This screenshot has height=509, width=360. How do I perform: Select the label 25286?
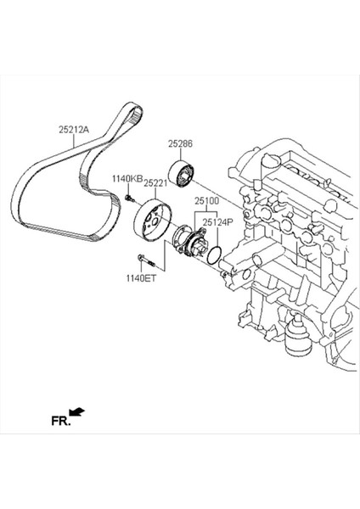pyautogui.click(x=181, y=144)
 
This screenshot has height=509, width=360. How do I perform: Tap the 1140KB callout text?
pyautogui.click(x=126, y=179)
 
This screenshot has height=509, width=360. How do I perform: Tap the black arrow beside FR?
pyautogui.click(x=76, y=412)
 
